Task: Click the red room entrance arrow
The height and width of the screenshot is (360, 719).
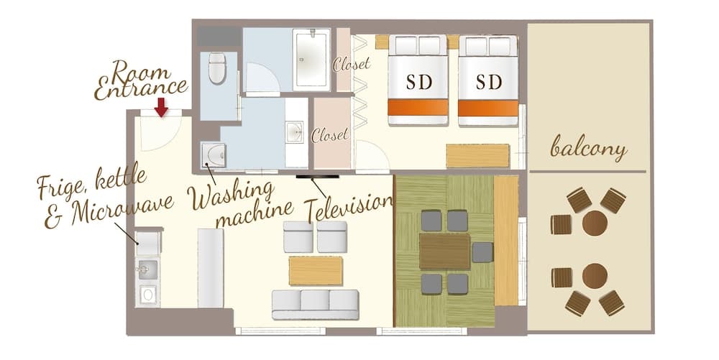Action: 161,107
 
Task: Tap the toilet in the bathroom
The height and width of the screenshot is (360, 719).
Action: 217,68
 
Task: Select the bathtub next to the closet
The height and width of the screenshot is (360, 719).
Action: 311,60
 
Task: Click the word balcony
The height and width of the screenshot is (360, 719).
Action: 588,147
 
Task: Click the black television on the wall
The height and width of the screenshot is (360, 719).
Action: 317,176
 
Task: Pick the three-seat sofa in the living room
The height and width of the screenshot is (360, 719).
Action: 315,305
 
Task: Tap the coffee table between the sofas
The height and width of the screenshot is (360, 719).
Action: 316,271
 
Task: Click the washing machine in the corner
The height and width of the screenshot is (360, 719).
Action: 214,155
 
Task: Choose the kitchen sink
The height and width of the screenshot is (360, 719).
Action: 147,269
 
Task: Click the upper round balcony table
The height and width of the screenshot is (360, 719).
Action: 595,223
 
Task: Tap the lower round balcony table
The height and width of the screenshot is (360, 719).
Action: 595,276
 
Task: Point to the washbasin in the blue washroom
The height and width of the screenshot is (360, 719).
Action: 294,132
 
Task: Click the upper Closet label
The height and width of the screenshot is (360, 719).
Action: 352,64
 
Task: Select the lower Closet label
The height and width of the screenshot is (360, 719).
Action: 329,134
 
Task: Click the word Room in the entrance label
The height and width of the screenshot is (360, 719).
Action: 140,71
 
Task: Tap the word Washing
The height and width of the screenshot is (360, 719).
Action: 231,195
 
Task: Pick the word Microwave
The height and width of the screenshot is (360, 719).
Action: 123,209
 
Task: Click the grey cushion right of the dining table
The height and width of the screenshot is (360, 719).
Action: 482,252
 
